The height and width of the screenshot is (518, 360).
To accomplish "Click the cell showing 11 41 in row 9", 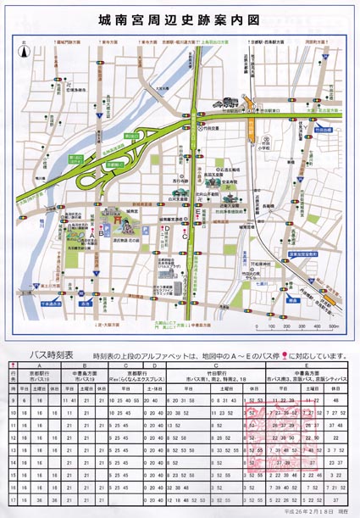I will [70, 398].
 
